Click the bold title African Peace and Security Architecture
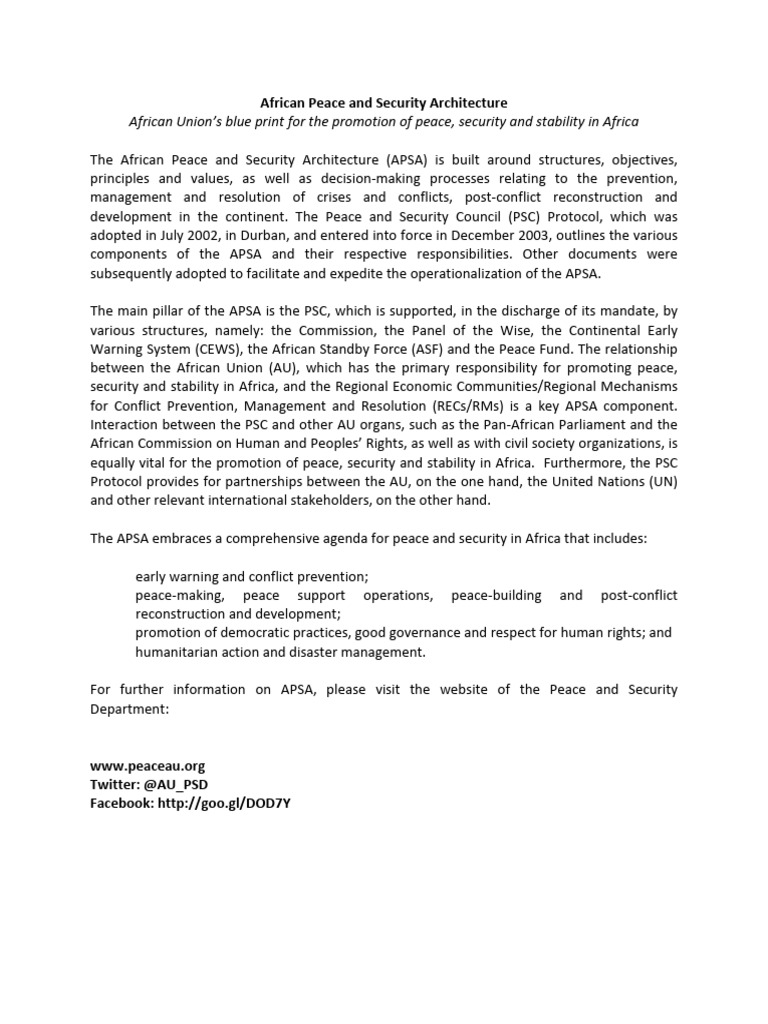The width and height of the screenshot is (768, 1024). [x=383, y=103]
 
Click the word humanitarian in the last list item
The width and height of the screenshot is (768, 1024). [x=180, y=653]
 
